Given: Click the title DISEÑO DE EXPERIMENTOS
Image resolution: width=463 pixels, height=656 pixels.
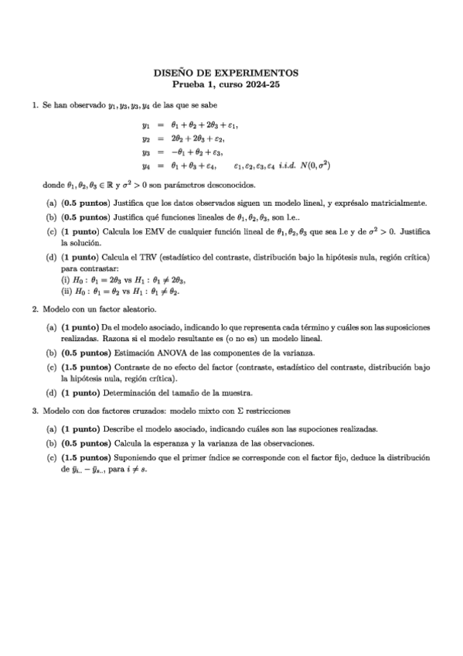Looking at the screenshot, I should pyautogui.click(x=231, y=73).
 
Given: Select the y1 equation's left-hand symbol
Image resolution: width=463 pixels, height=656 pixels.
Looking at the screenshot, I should pyautogui.click(x=145, y=125).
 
